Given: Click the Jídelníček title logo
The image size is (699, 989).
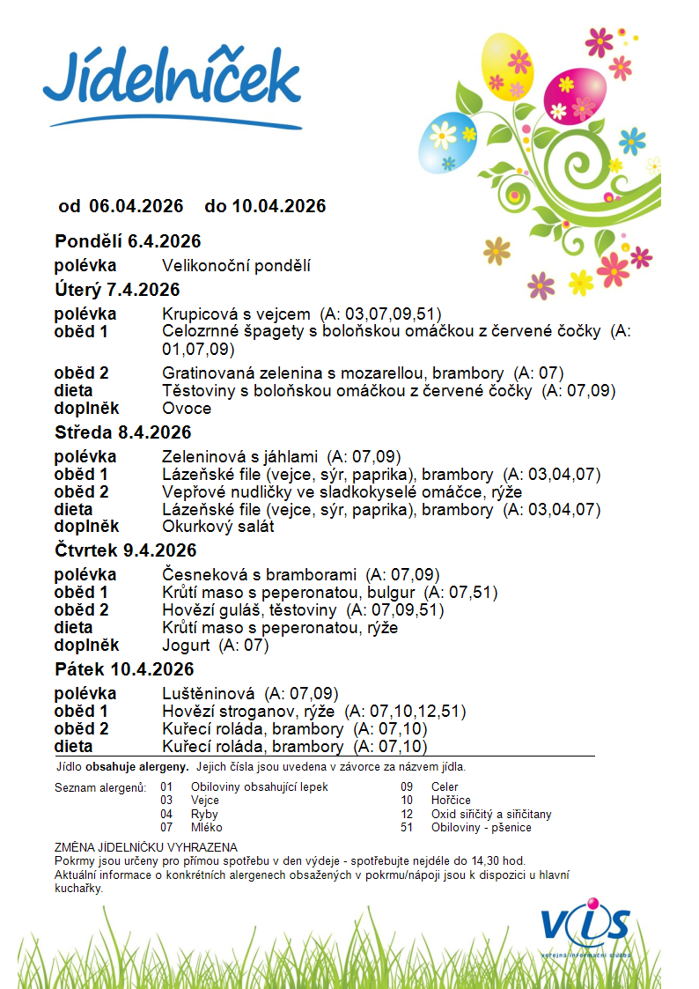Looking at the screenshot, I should [x=172, y=84].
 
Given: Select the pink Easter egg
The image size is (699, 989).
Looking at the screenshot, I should [x=571, y=95].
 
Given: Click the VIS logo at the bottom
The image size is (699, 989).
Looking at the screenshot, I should [x=585, y=926].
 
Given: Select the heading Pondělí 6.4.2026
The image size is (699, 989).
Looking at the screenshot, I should [x=128, y=241].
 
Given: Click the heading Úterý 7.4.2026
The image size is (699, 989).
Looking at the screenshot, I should [x=117, y=290].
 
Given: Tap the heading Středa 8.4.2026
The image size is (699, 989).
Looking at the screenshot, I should [x=122, y=432].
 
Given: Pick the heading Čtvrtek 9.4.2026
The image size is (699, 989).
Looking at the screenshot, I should [x=125, y=550].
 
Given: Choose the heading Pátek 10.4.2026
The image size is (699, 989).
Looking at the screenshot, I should [x=124, y=669].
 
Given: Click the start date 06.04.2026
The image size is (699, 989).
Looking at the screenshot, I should [x=136, y=206].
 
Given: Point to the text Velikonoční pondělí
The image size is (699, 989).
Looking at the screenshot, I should [x=236, y=266].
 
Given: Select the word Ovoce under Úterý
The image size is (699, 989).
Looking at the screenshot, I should [x=187, y=409].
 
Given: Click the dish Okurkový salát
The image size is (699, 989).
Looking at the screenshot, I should [x=218, y=527].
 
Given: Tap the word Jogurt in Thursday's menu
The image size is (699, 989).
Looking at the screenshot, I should [x=187, y=646].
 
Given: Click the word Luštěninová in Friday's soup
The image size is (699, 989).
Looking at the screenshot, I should [x=209, y=693].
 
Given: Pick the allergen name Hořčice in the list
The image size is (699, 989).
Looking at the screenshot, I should [x=450, y=801].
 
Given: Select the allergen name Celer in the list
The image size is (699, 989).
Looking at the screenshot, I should [x=445, y=786].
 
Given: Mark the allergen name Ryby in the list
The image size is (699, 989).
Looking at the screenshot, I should [x=204, y=815].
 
